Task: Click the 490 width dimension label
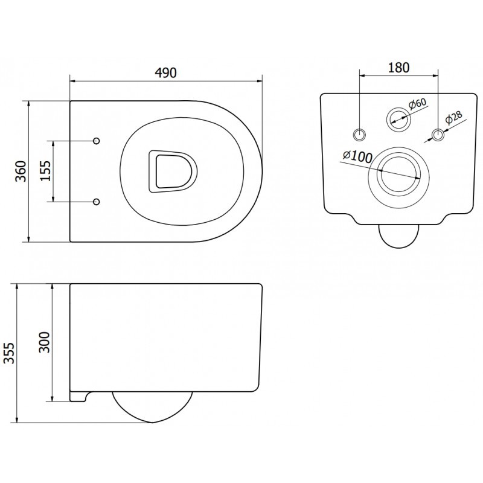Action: pyautogui.click(x=166, y=72)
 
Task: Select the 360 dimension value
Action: pyautogui.click(x=20, y=171)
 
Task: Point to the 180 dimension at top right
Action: pyautogui.click(x=398, y=67)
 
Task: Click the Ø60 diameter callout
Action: pyautogui.click(x=417, y=103)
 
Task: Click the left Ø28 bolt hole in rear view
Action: pyautogui.click(x=360, y=133)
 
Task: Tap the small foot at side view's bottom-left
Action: pyautogui.click(x=78, y=395)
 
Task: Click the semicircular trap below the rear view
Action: pyautogui.click(x=398, y=235)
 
